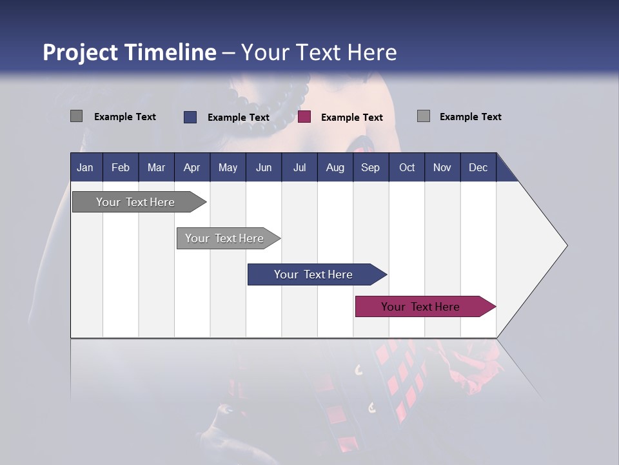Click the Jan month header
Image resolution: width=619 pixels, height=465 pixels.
pyautogui.click(x=85, y=167)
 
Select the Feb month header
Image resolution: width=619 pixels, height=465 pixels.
pyautogui.click(x=121, y=167)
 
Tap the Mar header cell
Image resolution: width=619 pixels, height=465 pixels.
pyautogui.click(x=156, y=167)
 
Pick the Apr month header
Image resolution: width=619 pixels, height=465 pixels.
pyautogui.click(x=192, y=167)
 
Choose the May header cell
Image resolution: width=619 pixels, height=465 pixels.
pyautogui.click(x=228, y=167)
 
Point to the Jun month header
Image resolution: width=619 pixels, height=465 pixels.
pyautogui.click(x=264, y=167)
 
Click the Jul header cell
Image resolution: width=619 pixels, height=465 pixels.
pyautogui.click(x=299, y=167)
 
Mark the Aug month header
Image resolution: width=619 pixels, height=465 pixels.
pyautogui.click(x=335, y=167)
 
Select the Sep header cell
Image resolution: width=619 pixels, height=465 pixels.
pyautogui.click(x=371, y=167)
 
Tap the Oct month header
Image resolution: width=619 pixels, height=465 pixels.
pyautogui.click(x=407, y=167)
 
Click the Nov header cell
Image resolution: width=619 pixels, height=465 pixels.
pyautogui.click(x=442, y=167)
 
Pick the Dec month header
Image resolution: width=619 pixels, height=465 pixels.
pyautogui.click(x=478, y=167)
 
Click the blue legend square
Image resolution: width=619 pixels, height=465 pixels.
pyautogui.click(x=190, y=117)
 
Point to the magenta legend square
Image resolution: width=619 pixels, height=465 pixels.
pyautogui.click(x=304, y=117)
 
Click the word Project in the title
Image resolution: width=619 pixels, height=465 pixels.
pyautogui.click(x=79, y=52)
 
